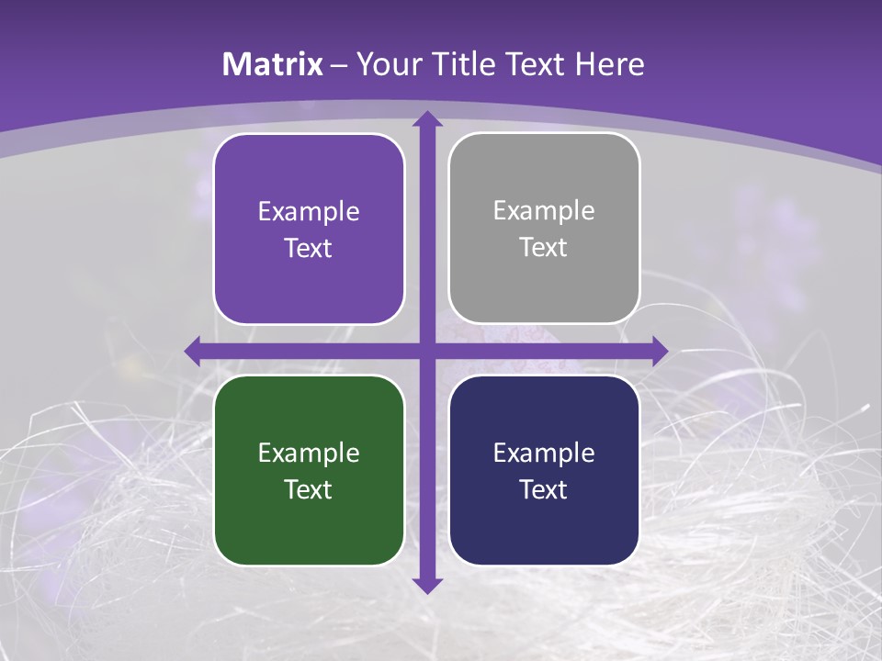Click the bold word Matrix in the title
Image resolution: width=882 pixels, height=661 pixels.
tap(273, 64)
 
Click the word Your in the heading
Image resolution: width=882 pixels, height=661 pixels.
tap(387, 64)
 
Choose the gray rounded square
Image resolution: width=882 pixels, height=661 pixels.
tap(544, 275)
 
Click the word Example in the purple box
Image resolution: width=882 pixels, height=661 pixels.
tap(309, 212)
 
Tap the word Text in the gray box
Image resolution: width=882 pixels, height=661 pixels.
tap(544, 248)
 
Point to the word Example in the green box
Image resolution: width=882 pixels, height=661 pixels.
tap(309, 454)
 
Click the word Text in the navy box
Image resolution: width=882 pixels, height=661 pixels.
tap(544, 489)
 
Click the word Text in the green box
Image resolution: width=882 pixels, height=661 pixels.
tap(309, 489)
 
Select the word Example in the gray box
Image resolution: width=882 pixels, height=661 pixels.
tap(544, 211)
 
